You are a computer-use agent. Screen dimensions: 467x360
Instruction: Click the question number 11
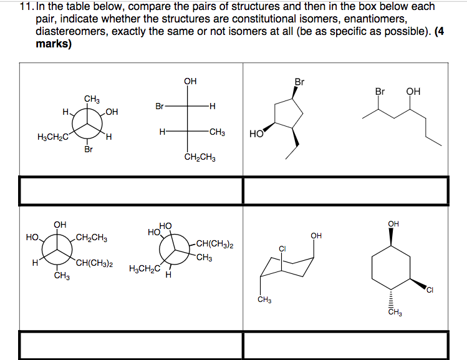coord(27,6)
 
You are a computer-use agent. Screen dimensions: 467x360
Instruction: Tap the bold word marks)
coord(54,44)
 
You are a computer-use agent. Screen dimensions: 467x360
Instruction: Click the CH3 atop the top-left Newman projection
coord(92,99)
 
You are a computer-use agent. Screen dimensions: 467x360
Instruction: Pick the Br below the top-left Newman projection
coord(89,149)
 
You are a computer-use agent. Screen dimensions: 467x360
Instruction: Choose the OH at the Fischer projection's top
coord(190,81)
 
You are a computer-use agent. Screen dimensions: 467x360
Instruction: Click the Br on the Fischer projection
coord(160,106)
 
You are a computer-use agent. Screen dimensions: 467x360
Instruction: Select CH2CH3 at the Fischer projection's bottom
coord(200,157)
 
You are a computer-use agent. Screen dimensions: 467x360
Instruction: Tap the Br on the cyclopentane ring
coord(299,82)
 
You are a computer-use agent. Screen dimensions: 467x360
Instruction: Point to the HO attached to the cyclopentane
coord(256,134)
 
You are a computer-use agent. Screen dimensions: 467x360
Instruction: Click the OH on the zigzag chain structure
coord(413,92)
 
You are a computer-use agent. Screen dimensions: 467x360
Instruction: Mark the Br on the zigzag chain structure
coord(380,91)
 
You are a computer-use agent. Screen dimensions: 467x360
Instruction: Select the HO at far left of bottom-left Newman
coord(32,237)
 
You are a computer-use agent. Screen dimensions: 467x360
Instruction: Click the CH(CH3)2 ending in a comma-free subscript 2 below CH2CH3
coord(94,263)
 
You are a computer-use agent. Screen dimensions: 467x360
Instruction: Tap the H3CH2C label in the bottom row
coord(145,268)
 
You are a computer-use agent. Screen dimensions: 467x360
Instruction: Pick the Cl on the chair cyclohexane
coord(282,248)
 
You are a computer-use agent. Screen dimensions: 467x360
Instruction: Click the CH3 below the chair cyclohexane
coord(264,299)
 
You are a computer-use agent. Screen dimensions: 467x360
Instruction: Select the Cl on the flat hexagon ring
coord(430,289)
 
